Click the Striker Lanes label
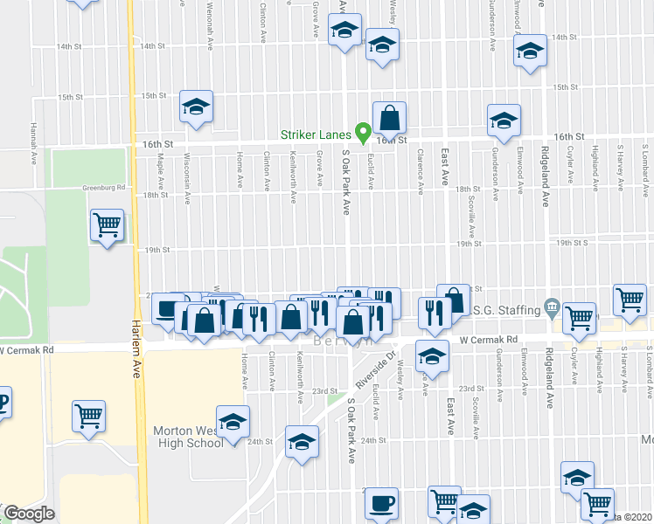coord(317,134)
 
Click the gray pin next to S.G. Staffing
coord(551,307)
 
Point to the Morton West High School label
coord(189,437)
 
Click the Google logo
coord(30,514)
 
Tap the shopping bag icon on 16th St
coord(389,116)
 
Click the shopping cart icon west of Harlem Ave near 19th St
coord(108,225)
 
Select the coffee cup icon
coord(381,503)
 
